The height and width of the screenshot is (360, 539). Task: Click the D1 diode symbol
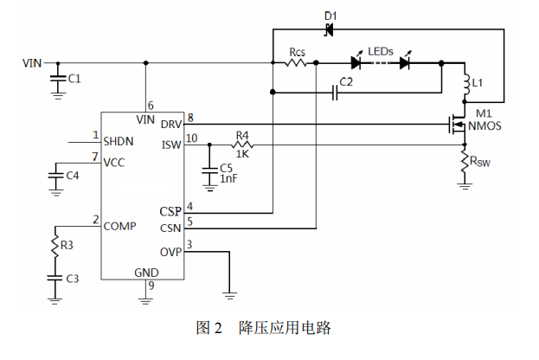329,32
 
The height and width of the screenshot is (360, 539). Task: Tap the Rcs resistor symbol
297,63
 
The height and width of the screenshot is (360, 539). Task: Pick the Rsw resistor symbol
465,159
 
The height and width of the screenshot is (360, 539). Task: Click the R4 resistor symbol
241,145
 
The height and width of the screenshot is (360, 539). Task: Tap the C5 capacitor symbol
209,169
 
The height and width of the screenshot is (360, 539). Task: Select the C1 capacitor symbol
58,79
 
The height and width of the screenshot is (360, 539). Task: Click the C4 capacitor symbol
54,177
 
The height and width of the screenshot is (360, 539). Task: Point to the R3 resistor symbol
54,246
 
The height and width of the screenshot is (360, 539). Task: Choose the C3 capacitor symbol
54,278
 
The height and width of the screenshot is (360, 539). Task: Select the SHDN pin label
118,140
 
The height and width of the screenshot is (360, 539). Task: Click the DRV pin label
171,125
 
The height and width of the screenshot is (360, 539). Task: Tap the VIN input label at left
31,63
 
